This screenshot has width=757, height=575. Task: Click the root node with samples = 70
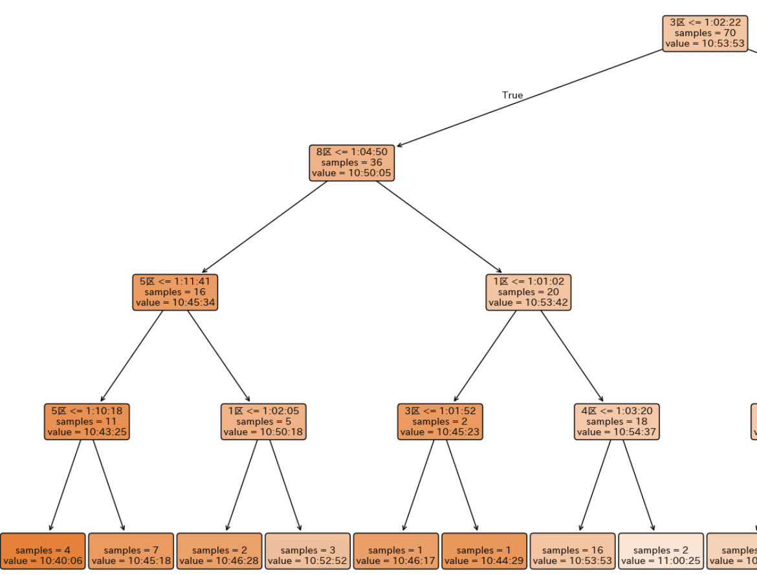705,33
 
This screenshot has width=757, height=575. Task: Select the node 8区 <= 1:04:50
352,163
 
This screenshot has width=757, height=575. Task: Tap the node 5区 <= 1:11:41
175,292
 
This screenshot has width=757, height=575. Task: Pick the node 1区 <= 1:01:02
529,292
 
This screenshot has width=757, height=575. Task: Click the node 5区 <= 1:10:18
87,421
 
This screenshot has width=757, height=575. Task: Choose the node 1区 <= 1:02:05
263,421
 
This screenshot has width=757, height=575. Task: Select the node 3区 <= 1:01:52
440,421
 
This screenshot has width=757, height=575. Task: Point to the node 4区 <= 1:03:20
617,421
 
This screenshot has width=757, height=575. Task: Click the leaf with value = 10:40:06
43,551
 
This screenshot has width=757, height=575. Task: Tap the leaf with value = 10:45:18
131,551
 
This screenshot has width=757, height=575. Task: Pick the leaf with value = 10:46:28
219,551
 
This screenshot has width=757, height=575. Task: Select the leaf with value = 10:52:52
308,551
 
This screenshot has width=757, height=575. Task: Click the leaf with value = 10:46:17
396,551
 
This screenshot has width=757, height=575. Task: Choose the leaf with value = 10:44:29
484,551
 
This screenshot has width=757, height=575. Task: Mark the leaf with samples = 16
573,551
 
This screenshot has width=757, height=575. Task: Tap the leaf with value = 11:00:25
661,551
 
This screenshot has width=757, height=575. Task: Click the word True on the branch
512,95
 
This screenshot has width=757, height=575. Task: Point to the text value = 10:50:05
352,173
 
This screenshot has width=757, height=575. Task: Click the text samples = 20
529,292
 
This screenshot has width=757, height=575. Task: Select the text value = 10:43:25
87,432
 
